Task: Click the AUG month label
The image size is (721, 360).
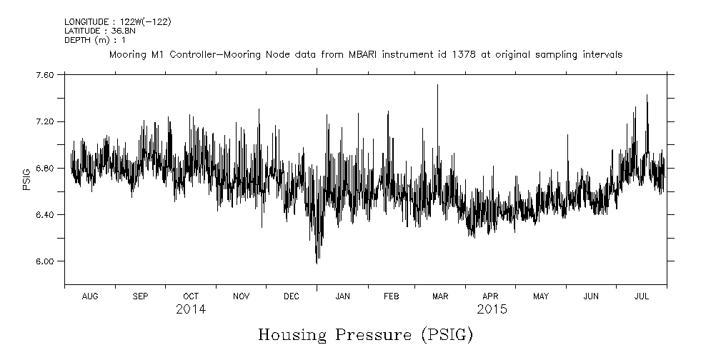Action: click(x=90, y=296)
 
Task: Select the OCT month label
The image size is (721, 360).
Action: click(x=191, y=296)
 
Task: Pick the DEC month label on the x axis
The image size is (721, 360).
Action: click(x=292, y=296)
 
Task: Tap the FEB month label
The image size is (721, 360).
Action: click(x=392, y=296)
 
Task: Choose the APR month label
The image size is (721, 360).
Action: click(x=491, y=296)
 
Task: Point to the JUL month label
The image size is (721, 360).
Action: click(x=641, y=296)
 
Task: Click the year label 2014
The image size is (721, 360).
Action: click(x=191, y=310)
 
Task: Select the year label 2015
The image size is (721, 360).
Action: click(x=492, y=310)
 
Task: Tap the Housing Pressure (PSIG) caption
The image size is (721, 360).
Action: click(x=365, y=334)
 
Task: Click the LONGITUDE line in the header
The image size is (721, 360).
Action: click(x=117, y=22)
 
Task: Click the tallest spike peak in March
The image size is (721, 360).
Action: click(x=437, y=85)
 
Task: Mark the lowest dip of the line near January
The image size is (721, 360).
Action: click(x=317, y=263)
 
